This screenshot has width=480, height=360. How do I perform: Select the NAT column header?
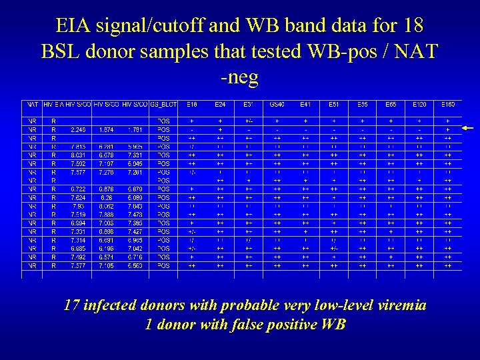click(32, 105)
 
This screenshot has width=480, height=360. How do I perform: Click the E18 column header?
click(191, 105)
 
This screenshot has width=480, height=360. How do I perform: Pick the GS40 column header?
click(276, 105)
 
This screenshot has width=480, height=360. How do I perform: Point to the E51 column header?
click(333, 105)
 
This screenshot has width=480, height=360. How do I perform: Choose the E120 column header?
click(420, 105)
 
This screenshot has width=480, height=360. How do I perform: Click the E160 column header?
click(448, 105)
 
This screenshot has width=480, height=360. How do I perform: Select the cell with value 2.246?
click(77, 130)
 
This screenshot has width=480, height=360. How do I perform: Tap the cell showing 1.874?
click(106, 130)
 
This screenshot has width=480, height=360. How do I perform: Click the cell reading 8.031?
click(77, 155)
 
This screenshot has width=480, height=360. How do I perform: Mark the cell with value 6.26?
click(106, 197)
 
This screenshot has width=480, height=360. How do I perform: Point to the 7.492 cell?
click(77, 257)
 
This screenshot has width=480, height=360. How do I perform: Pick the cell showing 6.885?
click(77, 248)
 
